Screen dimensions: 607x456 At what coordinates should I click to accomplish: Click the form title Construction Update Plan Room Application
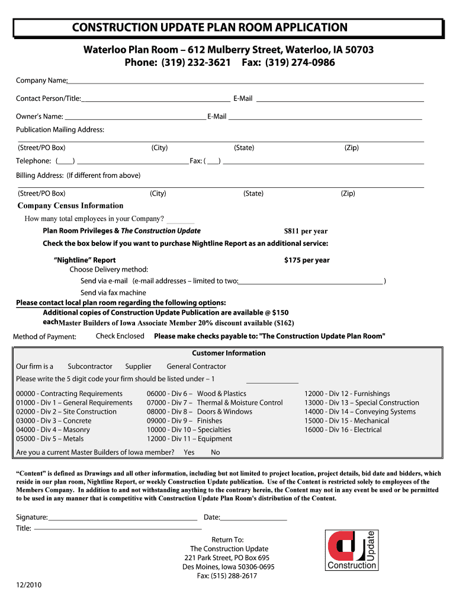(210, 27)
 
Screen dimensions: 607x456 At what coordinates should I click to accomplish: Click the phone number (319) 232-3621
(177, 63)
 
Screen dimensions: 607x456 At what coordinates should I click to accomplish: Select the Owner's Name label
(39, 117)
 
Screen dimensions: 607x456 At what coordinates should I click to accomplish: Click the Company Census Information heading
(70, 206)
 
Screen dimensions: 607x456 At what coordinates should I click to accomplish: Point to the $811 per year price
(306, 231)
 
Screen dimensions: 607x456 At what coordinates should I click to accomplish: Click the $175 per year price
(307, 260)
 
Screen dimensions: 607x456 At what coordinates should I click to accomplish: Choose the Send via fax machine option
(113, 293)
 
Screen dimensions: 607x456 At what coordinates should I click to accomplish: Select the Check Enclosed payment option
(120, 336)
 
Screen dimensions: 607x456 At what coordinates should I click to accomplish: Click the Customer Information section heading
(229, 353)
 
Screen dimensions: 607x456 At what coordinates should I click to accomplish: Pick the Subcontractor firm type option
(89, 366)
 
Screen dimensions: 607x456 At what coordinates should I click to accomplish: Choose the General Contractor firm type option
(196, 366)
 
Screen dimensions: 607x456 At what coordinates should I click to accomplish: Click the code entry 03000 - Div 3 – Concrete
(54, 421)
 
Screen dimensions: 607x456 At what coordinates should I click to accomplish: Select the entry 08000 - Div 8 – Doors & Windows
(199, 412)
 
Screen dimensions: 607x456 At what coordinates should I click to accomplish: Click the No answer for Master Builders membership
(215, 452)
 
